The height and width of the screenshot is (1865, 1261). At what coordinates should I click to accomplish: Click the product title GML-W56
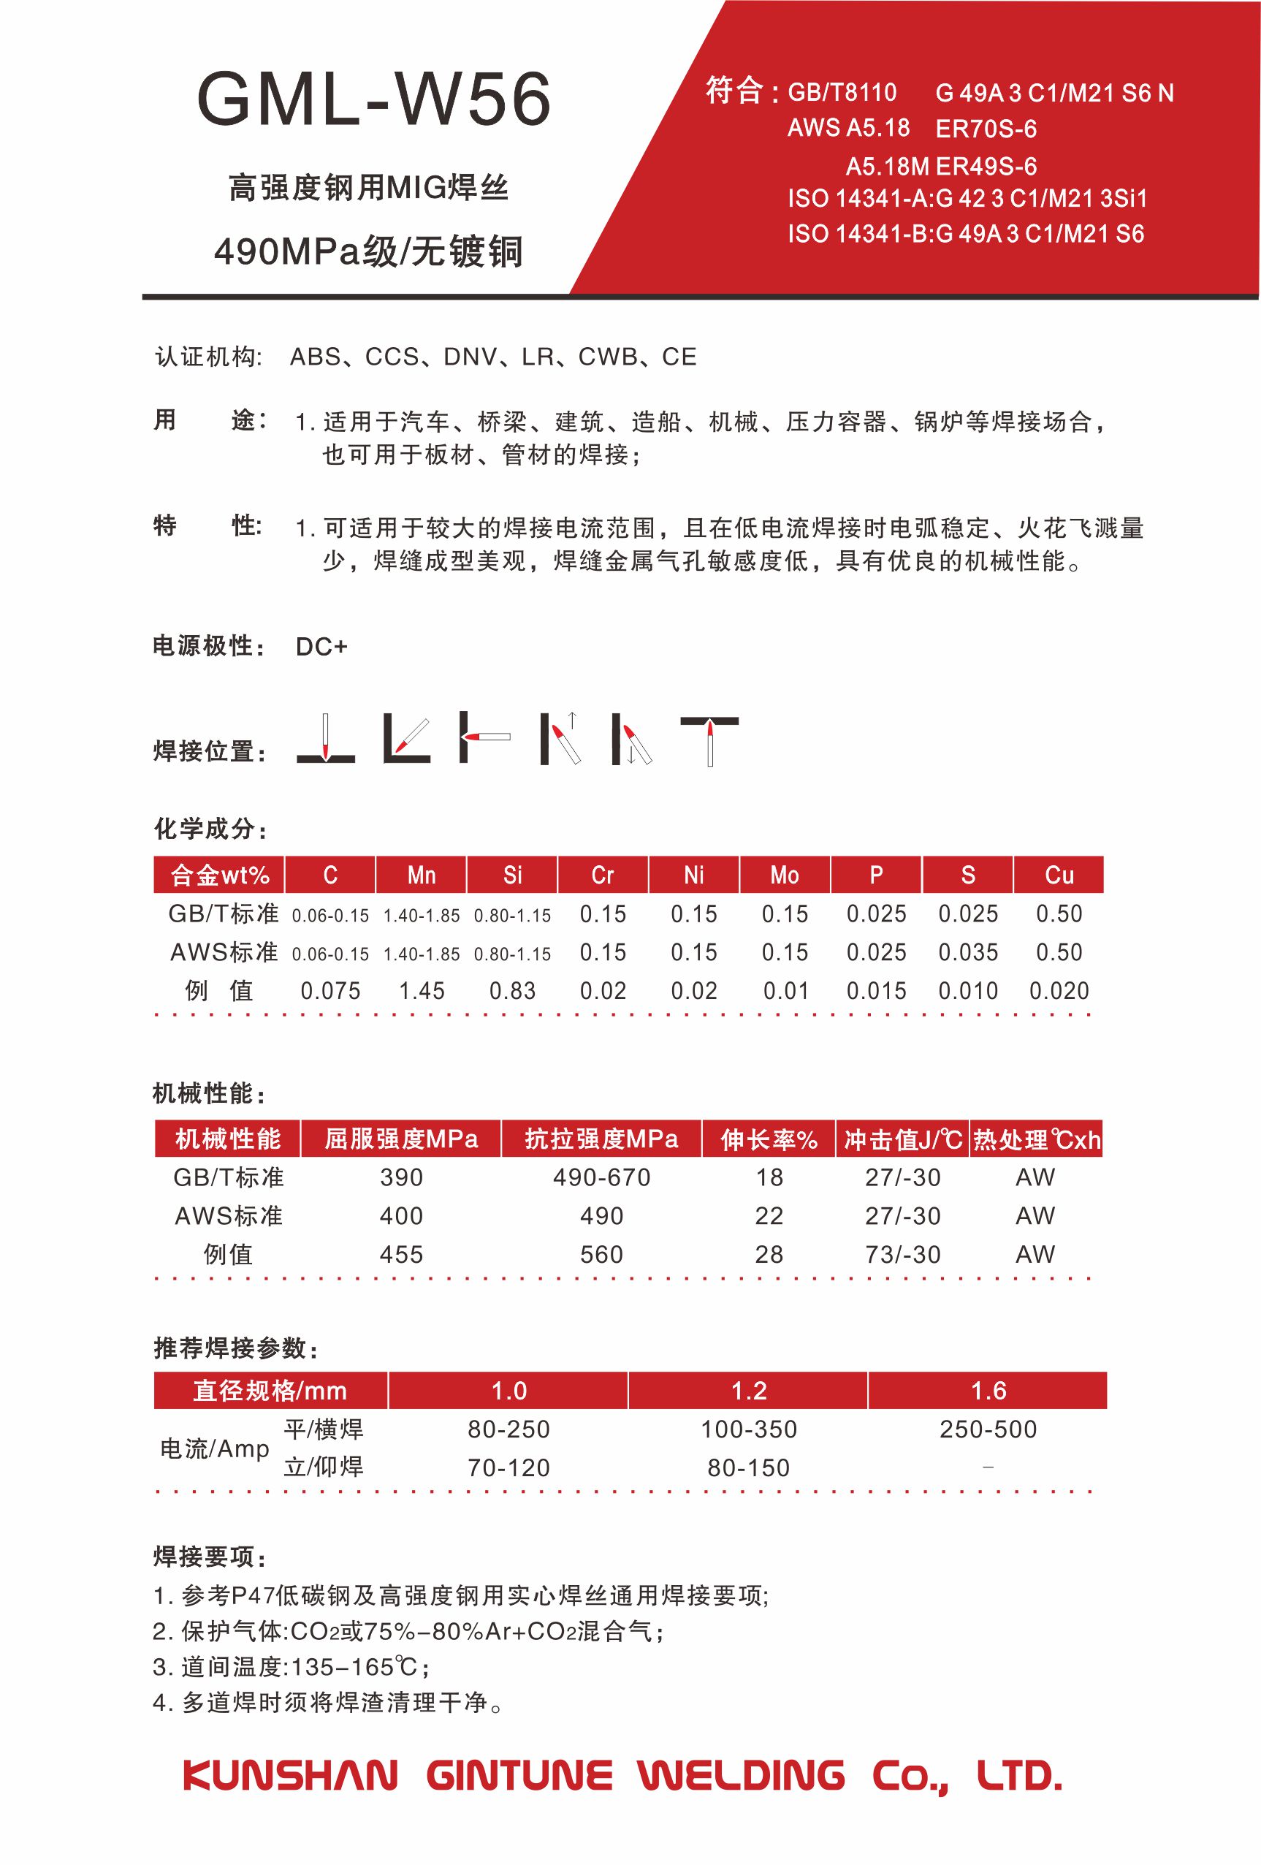(x=374, y=99)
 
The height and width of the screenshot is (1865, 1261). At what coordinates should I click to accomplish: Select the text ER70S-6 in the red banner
(x=986, y=129)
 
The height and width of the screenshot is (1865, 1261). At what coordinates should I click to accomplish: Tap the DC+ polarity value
(x=321, y=647)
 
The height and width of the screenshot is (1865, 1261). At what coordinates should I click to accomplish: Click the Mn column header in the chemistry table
(x=421, y=875)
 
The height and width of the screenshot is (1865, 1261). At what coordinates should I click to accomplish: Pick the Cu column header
(x=1058, y=875)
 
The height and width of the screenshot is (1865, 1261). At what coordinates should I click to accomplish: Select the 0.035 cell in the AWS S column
(x=967, y=952)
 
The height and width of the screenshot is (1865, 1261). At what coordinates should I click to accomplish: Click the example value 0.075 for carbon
(x=329, y=991)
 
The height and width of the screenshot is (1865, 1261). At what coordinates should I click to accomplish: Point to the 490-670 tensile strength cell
(x=601, y=1177)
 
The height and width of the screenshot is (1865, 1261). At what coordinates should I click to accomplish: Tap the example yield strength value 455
(x=401, y=1254)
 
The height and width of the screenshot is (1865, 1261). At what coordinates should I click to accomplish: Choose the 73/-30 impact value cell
(x=902, y=1254)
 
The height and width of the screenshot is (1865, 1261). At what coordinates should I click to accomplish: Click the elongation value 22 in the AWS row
(x=769, y=1216)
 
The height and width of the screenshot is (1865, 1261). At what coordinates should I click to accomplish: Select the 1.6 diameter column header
(x=988, y=1391)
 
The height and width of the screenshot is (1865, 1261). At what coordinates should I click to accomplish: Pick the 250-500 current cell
(x=988, y=1429)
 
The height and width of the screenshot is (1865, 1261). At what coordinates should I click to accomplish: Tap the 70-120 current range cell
(x=508, y=1467)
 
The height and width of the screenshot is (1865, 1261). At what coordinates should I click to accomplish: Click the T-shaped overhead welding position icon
(x=709, y=739)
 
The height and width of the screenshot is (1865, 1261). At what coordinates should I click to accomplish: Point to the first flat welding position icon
(x=326, y=739)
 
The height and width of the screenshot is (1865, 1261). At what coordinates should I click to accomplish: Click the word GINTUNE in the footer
(x=519, y=1775)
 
